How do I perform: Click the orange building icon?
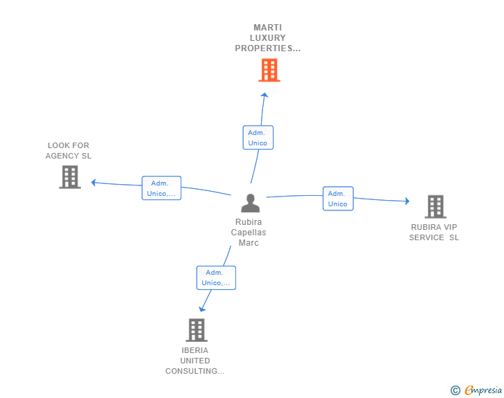[269, 70]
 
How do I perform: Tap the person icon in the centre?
[251, 203]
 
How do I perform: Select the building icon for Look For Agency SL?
[70, 177]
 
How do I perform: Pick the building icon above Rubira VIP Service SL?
[435, 207]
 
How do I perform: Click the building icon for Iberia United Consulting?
[197, 330]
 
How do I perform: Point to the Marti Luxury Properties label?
[268, 38]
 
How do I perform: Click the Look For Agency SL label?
[69, 150]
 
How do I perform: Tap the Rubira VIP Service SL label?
[434, 232]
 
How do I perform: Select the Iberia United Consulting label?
[195, 361]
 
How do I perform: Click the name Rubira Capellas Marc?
[249, 232]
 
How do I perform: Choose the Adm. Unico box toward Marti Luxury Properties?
[258, 138]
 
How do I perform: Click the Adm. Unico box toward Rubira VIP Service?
[338, 199]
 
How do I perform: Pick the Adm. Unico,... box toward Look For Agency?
[161, 188]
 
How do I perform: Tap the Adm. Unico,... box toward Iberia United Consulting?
[216, 278]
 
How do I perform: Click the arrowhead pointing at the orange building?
[264, 95]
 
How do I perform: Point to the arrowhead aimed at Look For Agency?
[93, 183]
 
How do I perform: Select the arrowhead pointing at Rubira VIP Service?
[407, 201]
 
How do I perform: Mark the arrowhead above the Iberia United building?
[202, 309]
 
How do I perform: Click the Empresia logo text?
[483, 390]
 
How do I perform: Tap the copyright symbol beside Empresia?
[456, 390]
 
